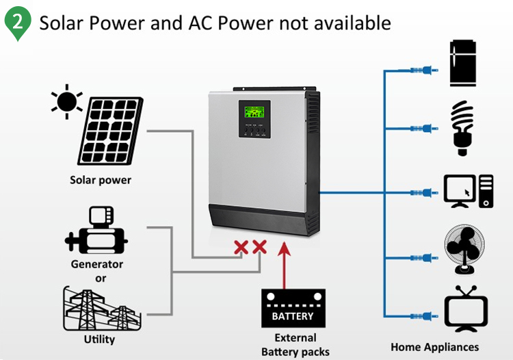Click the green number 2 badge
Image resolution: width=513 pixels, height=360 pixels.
(18, 23)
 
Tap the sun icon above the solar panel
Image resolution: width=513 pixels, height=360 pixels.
(66, 101)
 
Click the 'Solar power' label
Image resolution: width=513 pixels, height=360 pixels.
(101, 181)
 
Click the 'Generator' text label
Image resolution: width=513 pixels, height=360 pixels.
(97, 264)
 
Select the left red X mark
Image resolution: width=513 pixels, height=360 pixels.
(241, 248)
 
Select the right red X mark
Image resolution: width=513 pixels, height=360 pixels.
(259, 248)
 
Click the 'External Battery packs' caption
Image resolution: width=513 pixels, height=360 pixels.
(295, 345)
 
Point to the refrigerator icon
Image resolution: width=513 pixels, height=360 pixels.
(467, 63)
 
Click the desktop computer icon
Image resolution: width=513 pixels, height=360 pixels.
(468, 190)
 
